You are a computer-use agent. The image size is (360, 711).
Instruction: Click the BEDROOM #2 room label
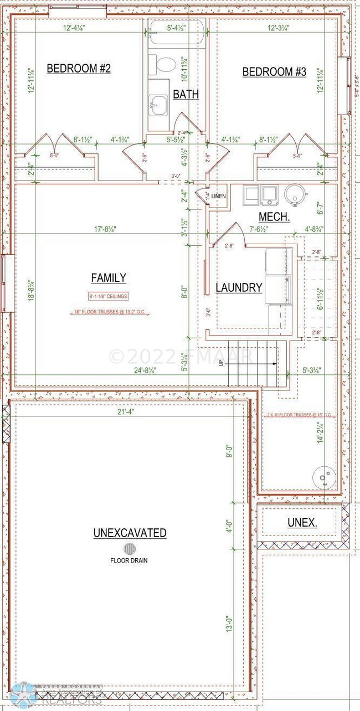pos(79,69)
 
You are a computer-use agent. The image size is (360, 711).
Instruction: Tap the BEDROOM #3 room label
pos(274,72)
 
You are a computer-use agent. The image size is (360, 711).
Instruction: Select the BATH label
pos(186,95)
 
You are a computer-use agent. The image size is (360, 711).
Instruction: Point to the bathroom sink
pos(160,102)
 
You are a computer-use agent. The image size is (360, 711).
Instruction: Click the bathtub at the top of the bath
pos(176,32)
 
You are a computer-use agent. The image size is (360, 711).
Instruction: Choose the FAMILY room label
pos(109,278)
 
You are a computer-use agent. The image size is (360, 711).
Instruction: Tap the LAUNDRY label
pos(239,287)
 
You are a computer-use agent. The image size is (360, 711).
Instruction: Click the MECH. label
pos(274,218)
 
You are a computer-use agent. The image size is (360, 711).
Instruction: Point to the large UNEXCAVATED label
pos(130,533)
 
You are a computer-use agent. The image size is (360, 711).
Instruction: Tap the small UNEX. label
pos(302,522)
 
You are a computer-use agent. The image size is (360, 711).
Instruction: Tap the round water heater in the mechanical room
pos(294,194)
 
